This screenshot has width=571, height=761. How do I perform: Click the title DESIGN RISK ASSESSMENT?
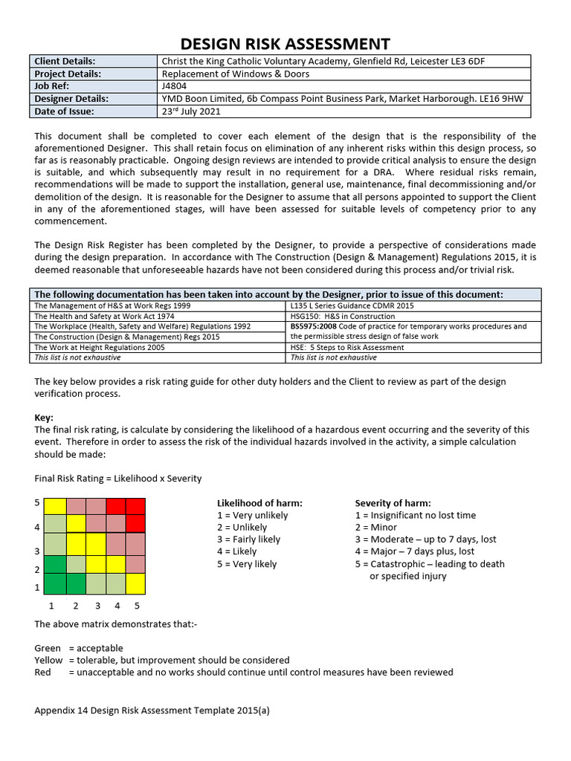(285, 44)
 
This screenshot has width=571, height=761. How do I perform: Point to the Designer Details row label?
(71, 99)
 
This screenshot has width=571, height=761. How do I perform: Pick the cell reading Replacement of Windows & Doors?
(236, 74)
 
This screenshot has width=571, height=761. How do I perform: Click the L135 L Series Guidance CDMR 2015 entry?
(352, 305)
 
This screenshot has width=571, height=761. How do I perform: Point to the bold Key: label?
(44, 418)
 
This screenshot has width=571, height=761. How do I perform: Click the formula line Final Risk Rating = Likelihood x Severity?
(118, 478)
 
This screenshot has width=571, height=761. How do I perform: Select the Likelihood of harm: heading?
(259, 503)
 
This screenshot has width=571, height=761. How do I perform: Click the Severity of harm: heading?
(393, 503)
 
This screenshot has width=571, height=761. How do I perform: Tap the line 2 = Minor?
(378, 527)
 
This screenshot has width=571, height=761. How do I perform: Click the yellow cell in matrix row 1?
(135, 583)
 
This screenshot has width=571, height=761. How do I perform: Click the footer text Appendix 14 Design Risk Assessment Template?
(152, 710)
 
